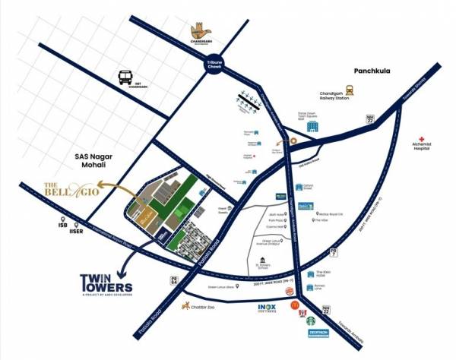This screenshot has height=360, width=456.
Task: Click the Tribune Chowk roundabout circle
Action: click(215, 67)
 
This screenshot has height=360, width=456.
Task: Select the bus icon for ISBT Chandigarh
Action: click(126, 77)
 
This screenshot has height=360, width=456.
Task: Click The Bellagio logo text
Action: click(69, 188)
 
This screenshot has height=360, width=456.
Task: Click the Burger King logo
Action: click(288, 291)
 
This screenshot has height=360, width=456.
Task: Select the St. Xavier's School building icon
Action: click(264, 260)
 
